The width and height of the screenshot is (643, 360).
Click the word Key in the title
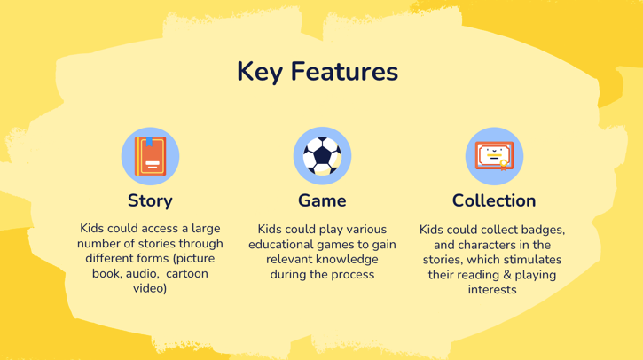[x=260, y=72]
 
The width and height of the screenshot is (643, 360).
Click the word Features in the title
[x=344, y=71]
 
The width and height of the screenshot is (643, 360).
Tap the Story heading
[x=150, y=201]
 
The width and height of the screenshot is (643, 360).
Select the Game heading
[x=322, y=200]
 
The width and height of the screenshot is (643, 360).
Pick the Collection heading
[x=494, y=200]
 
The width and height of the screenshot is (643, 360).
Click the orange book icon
[x=151, y=156]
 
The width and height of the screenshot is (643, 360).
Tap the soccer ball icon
[x=322, y=156]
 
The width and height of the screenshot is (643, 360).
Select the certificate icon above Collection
[x=494, y=156]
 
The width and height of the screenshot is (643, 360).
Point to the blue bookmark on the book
[x=149, y=142]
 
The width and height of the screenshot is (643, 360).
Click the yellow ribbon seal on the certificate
[x=503, y=165]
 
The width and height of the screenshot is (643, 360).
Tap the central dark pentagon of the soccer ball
[x=322, y=155]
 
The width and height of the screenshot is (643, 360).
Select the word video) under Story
[x=150, y=289]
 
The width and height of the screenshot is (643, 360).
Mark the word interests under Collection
[x=492, y=290]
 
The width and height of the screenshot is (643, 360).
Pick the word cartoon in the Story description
[x=187, y=273]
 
